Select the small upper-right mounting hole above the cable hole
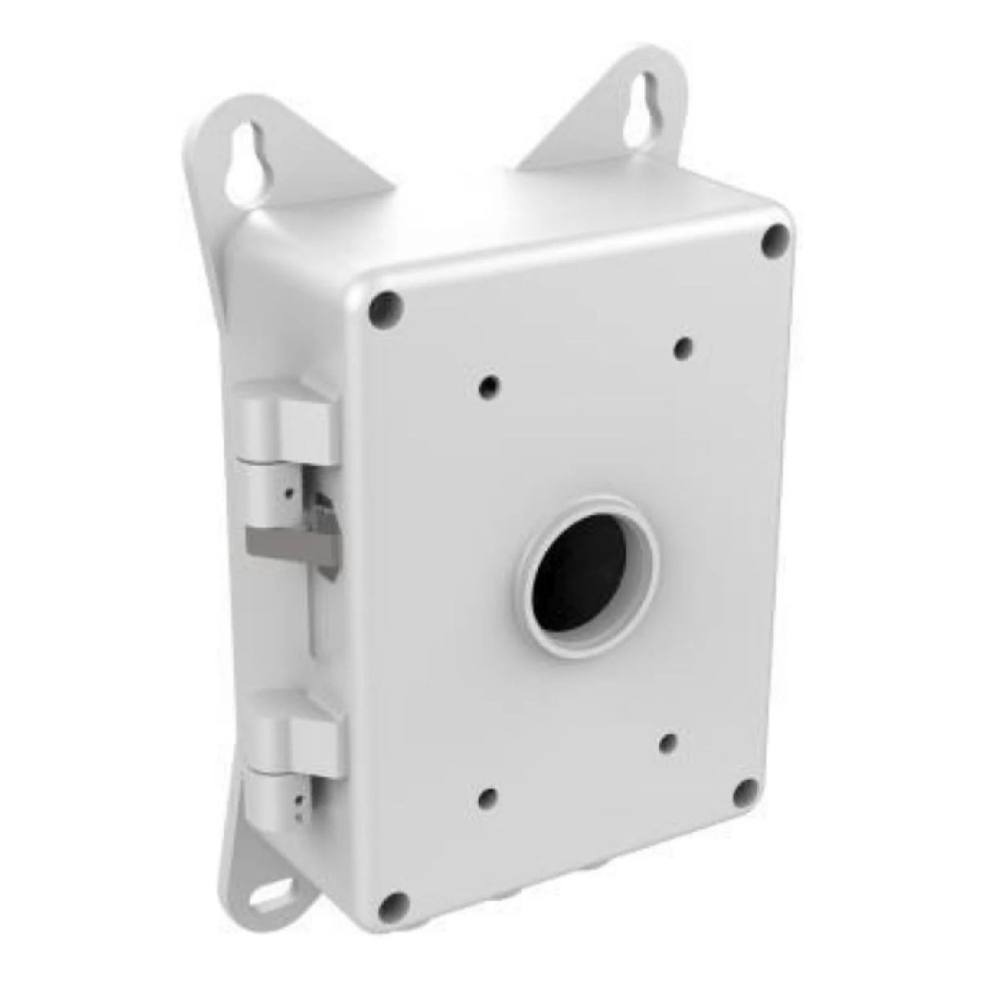click(x=682, y=347)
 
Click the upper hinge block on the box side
click(x=286, y=421)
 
